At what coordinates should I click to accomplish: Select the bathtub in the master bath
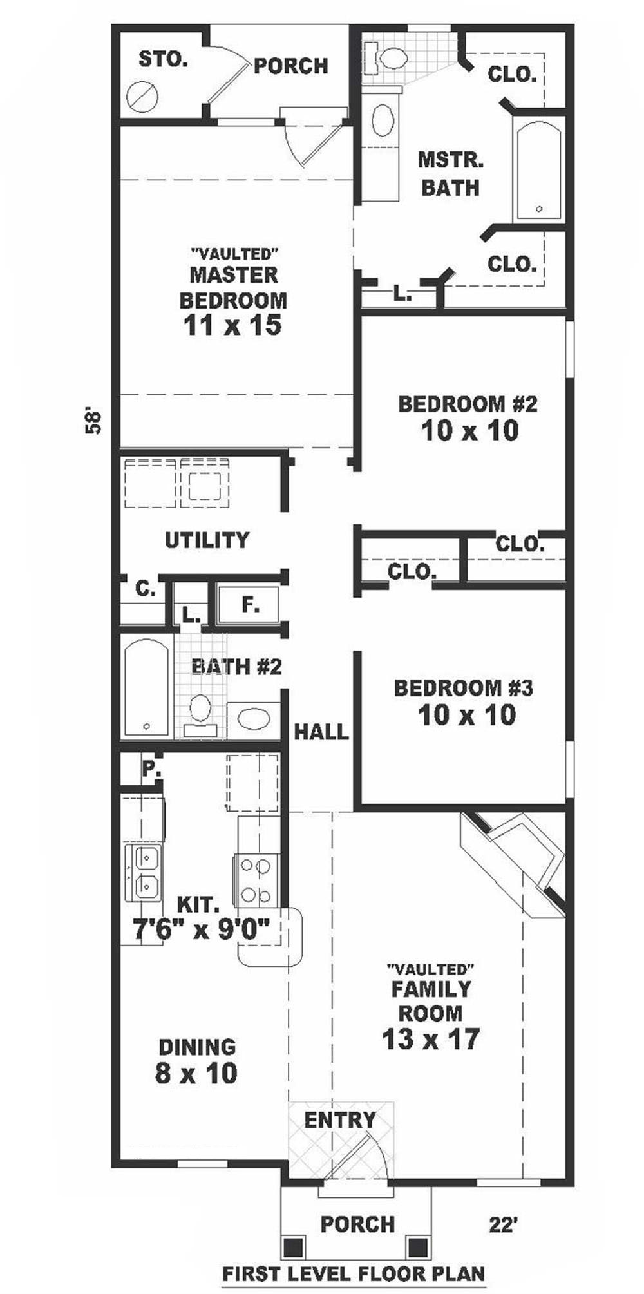[x=540, y=171]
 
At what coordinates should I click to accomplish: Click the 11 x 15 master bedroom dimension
[x=232, y=325]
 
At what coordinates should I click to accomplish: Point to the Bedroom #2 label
[x=468, y=404]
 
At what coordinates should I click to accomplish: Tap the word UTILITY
[x=207, y=540]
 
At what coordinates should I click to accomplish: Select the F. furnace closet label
[x=251, y=605]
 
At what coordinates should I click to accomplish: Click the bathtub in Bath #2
[x=147, y=687]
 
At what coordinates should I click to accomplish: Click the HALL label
[x=321, y=731]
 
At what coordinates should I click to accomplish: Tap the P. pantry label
[x=151, y=768]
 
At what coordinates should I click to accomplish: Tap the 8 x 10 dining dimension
[x=196, y=1072]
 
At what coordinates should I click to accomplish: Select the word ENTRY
[x=339, y=1120]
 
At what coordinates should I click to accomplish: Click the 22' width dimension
[x=502, y=1224]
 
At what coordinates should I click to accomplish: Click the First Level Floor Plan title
[x=353, y=1273]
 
